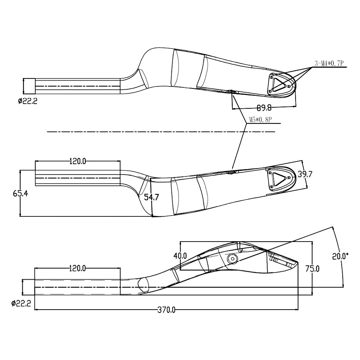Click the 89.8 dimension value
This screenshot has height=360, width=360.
264,107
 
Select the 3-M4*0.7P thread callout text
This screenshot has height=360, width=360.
329,63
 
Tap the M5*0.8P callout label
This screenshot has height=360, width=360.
261,120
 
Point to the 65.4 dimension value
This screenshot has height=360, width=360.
21,194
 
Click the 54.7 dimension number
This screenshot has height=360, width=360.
151,197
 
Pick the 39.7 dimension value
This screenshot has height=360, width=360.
305,174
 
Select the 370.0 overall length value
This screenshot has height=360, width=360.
166,310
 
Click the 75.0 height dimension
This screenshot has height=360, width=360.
312,269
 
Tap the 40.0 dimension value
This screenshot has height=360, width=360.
180,256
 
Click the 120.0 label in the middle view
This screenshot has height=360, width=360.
78,161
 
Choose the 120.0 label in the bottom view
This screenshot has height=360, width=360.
77,268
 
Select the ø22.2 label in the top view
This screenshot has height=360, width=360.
28,101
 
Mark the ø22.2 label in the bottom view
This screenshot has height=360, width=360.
21,303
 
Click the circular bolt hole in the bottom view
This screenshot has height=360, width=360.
232,259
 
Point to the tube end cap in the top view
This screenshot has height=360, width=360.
30,86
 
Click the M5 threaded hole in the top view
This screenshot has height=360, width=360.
231,91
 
